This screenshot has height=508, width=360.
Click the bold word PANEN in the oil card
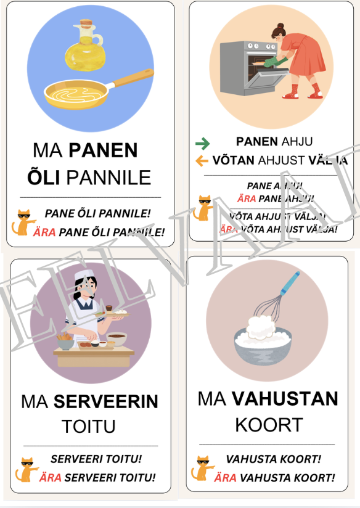click(103, 150)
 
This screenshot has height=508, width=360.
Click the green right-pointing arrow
click(202, 143)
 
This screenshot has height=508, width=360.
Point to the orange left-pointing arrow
click(202, 161)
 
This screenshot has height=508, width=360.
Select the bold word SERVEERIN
click(105, 402)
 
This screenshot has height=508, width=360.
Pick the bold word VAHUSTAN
click(285, 399)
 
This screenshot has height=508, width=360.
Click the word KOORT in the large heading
click(268, 425)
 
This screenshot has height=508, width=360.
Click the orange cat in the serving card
click(27, 469)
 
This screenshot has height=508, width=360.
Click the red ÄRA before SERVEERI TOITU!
click(50, 478)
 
